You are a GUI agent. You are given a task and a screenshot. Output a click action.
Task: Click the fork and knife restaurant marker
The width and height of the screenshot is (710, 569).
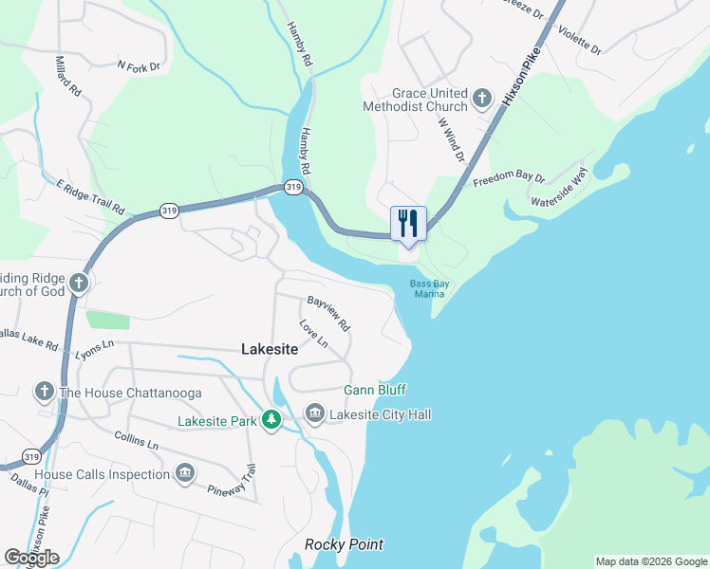(x=408, y=224)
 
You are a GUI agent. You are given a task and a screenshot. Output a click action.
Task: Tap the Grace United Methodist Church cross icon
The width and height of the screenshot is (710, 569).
(x=482, y=99)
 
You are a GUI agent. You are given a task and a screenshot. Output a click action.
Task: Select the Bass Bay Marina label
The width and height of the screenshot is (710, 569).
(x=427, y=288)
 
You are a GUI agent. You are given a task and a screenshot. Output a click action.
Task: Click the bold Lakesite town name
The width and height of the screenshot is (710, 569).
(x=270, y=350)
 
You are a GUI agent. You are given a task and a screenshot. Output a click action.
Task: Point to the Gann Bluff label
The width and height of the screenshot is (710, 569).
(x=374, y=390)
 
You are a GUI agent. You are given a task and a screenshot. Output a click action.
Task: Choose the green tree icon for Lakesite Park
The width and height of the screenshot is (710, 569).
(x=271, y=419)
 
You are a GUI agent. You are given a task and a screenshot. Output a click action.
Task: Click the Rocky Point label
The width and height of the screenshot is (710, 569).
(x=344, y=544)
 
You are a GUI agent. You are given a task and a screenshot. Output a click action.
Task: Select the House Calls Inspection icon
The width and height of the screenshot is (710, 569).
(x=185, y=473)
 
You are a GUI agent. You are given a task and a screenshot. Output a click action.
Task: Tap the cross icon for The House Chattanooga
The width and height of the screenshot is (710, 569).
(x=44, y=392)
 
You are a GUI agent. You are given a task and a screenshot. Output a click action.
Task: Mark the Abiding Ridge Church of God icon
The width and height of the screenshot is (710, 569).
(x=81, y=283)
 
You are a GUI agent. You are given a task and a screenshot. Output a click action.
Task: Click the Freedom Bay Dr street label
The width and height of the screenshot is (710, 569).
(x=510, y=177)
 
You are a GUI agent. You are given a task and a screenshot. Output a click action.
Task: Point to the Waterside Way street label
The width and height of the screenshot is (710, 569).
(x=560, y=188)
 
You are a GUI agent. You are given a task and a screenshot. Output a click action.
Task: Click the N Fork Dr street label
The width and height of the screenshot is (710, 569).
(x=140, y=66)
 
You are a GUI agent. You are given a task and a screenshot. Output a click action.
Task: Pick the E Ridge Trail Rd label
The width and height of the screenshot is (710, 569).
(x=90, y=195)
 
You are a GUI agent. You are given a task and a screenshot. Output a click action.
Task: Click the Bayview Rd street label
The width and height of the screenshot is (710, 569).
(x=328, y=312)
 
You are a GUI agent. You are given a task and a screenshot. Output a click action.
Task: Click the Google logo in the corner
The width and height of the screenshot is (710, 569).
(x=31, y=558)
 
